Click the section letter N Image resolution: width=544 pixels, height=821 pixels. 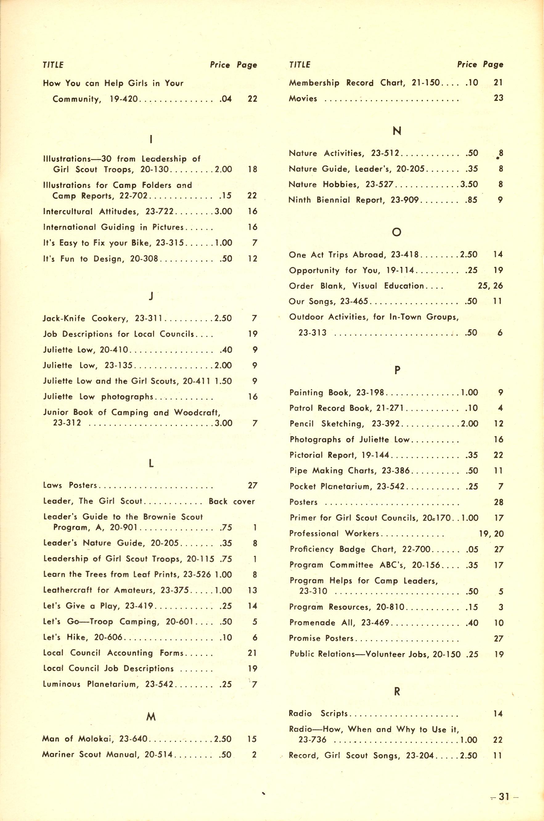[x=397, y=131]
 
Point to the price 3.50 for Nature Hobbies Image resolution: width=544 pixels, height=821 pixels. [x=469, y=184]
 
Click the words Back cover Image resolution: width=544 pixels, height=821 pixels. [x=232, y=501]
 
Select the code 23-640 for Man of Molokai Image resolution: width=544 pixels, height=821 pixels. [x=133, y=739]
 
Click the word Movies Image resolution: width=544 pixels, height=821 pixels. [x=303, y=99]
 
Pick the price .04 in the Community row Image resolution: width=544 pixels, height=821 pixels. [x=226, y=99]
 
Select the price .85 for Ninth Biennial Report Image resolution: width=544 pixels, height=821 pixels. [x=471, y=200]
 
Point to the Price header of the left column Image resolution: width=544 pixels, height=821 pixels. [x=220, y=65]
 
